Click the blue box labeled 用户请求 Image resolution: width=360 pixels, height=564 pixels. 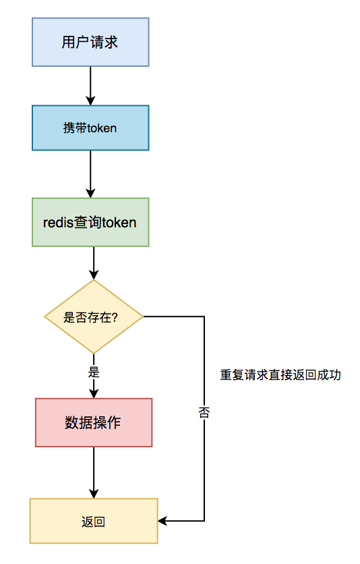click(x=90, y=42)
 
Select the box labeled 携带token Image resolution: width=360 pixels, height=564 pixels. click(x=90, y=128)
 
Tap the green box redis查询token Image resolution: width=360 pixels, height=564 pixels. click(x=90, y=222)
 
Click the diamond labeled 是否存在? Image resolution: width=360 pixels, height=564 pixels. click(x=94, y=316)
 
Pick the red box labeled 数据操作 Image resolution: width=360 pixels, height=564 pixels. click(x=94, y=422)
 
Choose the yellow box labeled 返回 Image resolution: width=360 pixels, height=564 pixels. click(x=94, y=521)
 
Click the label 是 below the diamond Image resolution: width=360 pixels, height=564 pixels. click(x=94, y=372)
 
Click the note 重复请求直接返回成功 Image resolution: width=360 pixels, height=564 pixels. click(x=280, y=375)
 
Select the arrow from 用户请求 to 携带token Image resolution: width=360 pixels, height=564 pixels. click(x=90, y=85)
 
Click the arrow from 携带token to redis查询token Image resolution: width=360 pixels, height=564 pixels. click(x=90, y=173)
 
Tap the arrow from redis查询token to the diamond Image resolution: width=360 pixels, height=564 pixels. click(x=94, y=262)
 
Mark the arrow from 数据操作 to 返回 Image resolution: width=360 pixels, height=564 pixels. click(x=94, y=472)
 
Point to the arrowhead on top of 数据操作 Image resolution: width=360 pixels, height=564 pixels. click(x=94, y=393)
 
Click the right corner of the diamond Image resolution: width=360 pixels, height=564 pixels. click(x=142, y=316)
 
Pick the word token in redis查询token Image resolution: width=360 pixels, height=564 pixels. click(x=120, y=222)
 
